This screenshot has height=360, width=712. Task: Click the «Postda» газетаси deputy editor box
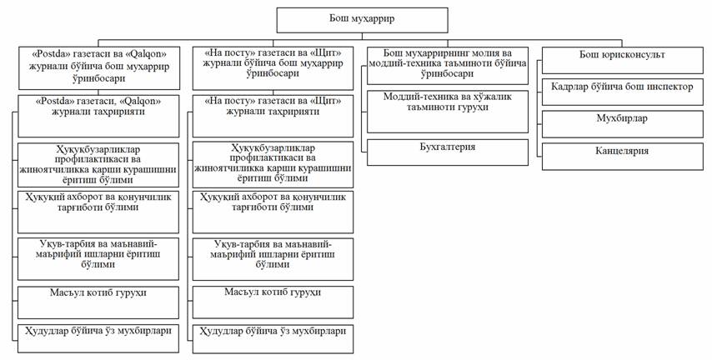coord(99,67)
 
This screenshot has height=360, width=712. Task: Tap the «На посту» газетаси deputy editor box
coord(273,67)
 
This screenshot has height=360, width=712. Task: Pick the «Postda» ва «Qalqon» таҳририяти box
coord(99,115)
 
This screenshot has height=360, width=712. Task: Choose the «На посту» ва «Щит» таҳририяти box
coord(273,115)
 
